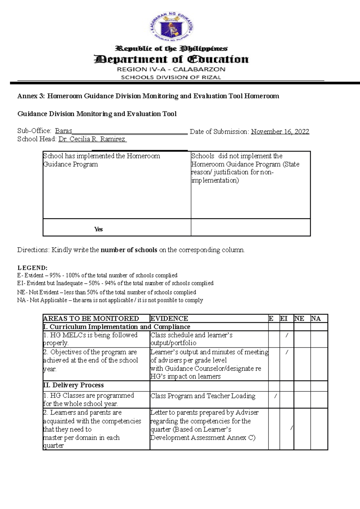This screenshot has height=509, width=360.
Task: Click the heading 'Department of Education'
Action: click(x=171, y=59)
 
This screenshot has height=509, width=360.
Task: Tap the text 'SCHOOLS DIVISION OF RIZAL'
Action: click(x=171, y=77)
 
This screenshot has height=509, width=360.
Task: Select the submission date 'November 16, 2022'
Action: click(x=280, y=132)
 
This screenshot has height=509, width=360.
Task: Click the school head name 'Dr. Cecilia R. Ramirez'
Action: click(x=92, y=139)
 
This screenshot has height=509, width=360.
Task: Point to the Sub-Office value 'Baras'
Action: click(x=64, y=131)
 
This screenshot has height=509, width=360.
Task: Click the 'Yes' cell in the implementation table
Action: click(x=98, y=229)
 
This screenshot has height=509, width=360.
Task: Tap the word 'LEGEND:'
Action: click(x=32, y=268)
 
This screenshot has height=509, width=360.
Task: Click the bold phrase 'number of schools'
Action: click(x=129, y=250)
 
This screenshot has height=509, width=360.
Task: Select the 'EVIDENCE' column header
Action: click(x=169, y=319)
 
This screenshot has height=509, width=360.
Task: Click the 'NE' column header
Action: click(x=299, y=319)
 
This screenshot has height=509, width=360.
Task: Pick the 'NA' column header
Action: click(x=316, y=319)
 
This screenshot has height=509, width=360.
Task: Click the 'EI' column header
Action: click(x=284, y=319)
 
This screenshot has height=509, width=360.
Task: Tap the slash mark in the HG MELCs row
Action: click(x=287, y=335)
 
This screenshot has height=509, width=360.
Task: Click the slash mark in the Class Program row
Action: click(x=275, y=396)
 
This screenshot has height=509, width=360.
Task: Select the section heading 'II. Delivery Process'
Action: click(x=73, y=385)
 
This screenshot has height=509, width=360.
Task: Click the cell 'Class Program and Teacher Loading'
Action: click(x=203, y=396)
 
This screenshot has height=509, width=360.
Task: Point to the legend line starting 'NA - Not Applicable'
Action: click(x=110, y=300)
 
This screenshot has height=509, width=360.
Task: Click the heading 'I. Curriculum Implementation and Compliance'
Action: click(x=117, y=327)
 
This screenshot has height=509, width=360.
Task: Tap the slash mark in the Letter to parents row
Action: click(x=292, y=428)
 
